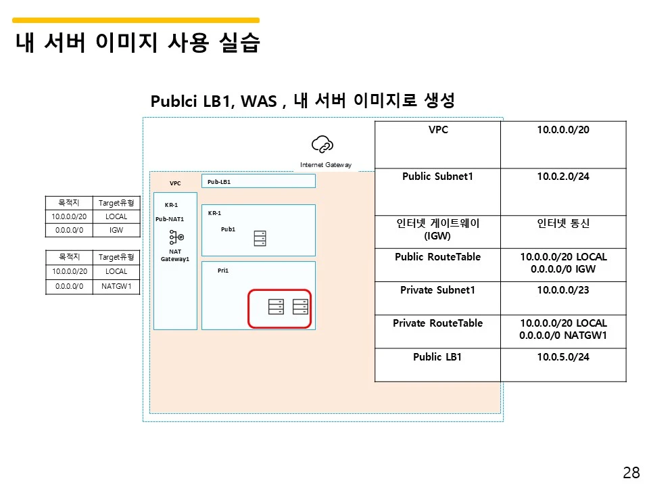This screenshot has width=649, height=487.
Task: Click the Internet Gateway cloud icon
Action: pos(322,145)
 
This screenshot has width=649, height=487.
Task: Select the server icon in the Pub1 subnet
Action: pos(260,239)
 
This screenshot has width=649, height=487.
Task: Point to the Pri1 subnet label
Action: pos(223,270)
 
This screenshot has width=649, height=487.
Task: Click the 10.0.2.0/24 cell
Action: pos(563,177)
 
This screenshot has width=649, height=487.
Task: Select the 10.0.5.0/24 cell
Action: pos(563,356)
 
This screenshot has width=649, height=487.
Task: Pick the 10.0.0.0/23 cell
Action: pos(563,290)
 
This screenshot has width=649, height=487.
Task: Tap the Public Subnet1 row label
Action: pos(437,177)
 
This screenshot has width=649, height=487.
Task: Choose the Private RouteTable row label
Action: pos(437,323)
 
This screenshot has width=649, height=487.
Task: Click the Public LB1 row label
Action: pos(437,356)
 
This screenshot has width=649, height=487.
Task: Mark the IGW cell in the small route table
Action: pos(116,231)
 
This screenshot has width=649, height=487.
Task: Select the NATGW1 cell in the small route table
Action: pos(116,286)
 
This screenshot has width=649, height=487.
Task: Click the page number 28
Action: pos(631,473)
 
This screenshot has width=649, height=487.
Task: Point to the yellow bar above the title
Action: pos(136,20)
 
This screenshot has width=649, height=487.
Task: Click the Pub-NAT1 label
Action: pos(170,218)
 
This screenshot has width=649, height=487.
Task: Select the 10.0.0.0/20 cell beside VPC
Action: pos(563,129)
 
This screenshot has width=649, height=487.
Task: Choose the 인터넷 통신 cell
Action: pos(563,223)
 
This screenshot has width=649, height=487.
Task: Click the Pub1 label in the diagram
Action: pos(228,229)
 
